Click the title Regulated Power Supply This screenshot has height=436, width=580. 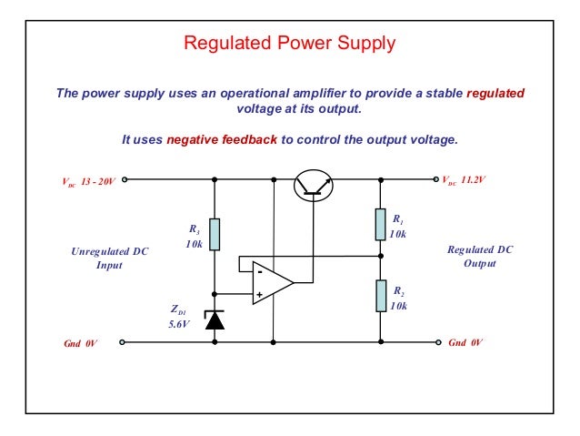[290, 43]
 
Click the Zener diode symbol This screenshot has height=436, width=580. [215, 319]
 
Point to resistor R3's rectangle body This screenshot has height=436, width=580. [215, 234]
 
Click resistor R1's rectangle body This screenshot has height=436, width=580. [381, 223]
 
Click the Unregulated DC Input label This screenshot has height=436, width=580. [109, 258]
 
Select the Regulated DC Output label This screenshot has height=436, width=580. [480, 257]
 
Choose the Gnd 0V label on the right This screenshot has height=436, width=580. [466, 344]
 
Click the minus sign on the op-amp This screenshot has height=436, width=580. [259, 270]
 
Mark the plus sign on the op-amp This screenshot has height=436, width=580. [259, 294]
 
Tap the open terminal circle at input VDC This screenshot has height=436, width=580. [125, 179]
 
